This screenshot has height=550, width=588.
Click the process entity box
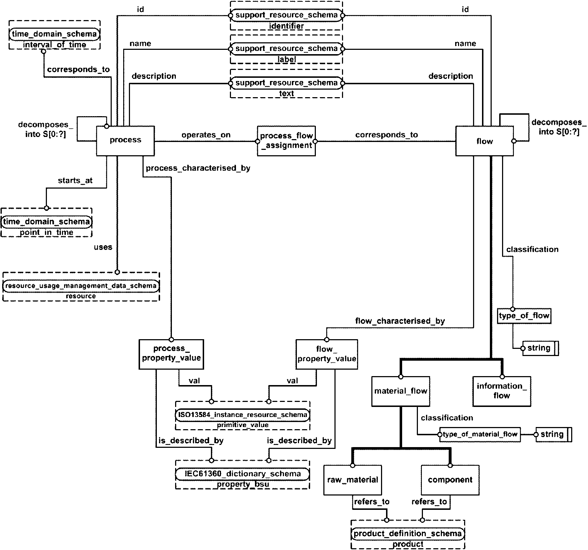(x=125, y=141)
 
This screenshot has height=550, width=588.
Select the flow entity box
(x=485, y=141)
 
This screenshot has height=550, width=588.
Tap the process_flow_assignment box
(x=286, y=141)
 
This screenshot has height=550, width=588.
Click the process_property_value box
(x=171, y=354)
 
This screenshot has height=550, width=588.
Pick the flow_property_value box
(x=327, y=354)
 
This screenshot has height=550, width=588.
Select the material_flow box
(x=400, y=391)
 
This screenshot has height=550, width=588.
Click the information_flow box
(x=501, y=391)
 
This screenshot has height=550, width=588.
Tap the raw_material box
(x=352, y=480)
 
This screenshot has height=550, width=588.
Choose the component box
(x=450, y=480)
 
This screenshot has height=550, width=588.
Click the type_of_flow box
(x=524, y=316)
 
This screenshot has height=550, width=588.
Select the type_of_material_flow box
(x=480, y=434)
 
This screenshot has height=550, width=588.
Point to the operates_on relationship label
(x=206, y=135)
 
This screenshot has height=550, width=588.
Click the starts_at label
(x=75, y=180)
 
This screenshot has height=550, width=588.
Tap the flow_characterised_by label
(x=400, y=321)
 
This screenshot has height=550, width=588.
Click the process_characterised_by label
(x=198, y=168)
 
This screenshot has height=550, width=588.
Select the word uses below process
(x=103, y=247)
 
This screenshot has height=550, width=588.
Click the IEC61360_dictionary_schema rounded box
(x=242, y=474)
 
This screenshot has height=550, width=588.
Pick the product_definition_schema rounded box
(x=408, y=534)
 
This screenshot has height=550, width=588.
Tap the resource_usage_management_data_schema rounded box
(x=81, y=286)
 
